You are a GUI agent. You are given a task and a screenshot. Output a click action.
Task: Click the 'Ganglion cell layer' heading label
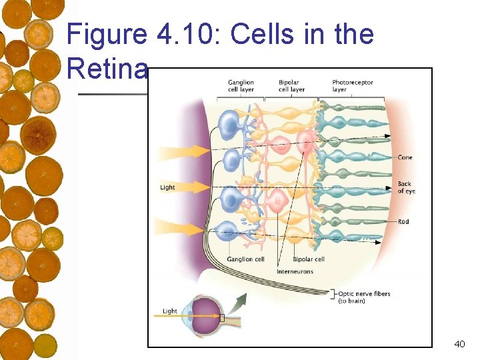pyautogui.click(x=240, y=86)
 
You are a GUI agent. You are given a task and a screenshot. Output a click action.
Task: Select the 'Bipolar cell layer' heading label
pyautogui.click(x=291, y=86)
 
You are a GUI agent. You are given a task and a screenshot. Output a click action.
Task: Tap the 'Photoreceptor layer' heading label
pyautogui.click(x=353, y=86)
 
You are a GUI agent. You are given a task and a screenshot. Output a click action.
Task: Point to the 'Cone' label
pyautogui.click(x=405, y=158)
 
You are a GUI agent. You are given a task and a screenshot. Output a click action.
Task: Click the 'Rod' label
pyautogui.click(x=403, y=221)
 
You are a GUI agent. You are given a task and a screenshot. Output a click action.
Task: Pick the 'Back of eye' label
pyautogui.click(x=406, y=187)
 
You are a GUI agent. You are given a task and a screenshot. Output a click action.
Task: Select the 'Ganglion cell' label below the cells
pyautogui.click(x=245, y=259)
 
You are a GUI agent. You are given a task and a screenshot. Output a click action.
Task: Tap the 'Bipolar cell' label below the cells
pyautogui.click(x=309, y=259)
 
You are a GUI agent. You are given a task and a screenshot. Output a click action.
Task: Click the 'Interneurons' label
pyautogui.click(x=295, y=272)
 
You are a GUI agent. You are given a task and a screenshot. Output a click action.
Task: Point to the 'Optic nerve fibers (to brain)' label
pyautogui.click(x=363, y=297)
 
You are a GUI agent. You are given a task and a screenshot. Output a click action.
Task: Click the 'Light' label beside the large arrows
pyautogui.click(x=167, y=187)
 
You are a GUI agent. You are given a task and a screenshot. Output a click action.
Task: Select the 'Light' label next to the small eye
pyautogui.click(x=170, y=311)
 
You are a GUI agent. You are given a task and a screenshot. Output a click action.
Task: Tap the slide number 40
pyautogui.click(x=459, y=344)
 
